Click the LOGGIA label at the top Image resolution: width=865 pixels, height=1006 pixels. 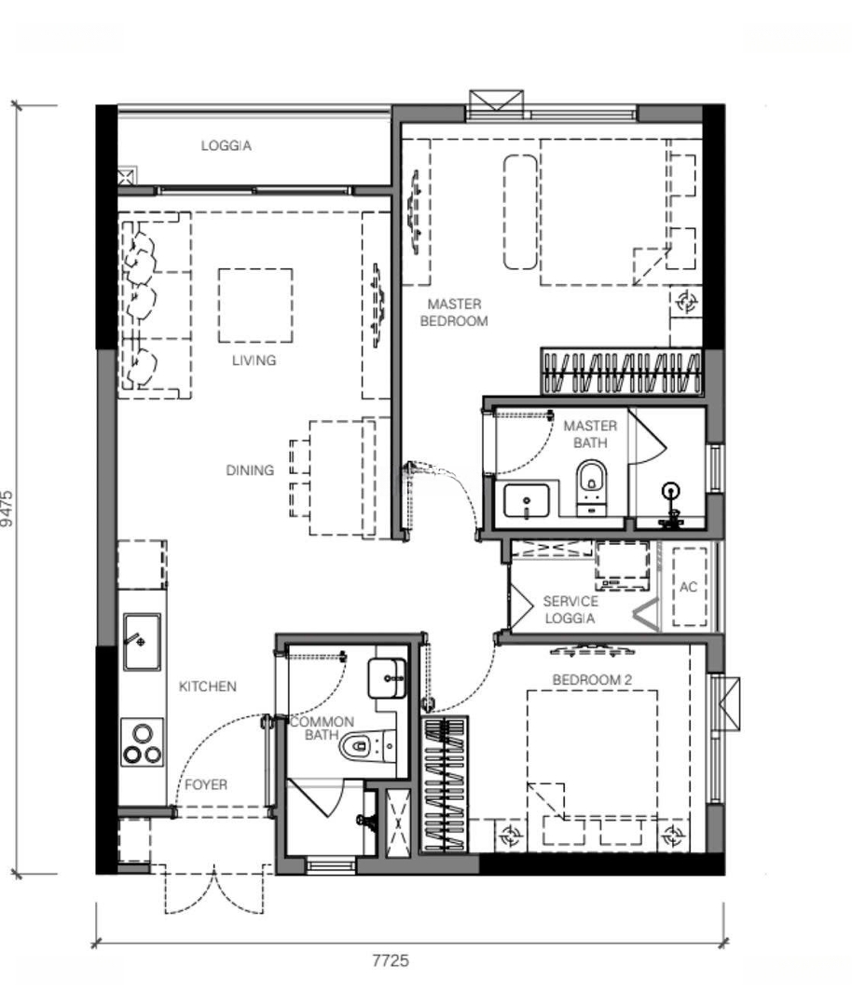pos(227,145)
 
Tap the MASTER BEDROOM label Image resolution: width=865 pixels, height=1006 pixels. pos(454,312)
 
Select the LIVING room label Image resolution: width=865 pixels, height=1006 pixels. pos(254,360)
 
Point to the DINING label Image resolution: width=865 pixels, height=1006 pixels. pos(250,470)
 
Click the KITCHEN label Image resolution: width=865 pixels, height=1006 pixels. pos(208,687)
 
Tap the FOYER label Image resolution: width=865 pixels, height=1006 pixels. pos(206,784)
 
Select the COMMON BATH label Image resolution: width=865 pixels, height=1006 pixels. pos(322,728)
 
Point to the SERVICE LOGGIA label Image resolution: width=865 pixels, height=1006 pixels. pos(570,609)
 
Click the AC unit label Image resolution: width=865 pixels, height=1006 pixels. pos(689,587)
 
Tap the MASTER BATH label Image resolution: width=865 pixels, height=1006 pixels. pos(590,434)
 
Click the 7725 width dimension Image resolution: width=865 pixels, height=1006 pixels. pos(391,960)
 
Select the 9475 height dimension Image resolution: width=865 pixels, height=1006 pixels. pos(7,509)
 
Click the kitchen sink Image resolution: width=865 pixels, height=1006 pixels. pos(142,642)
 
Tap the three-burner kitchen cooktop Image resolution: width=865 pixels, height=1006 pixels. pos(142,742)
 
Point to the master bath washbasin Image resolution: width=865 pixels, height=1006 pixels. pos(527,500)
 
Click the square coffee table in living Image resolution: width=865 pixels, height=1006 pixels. pos(255,306)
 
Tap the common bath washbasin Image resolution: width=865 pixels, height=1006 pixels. pos(387,678)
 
